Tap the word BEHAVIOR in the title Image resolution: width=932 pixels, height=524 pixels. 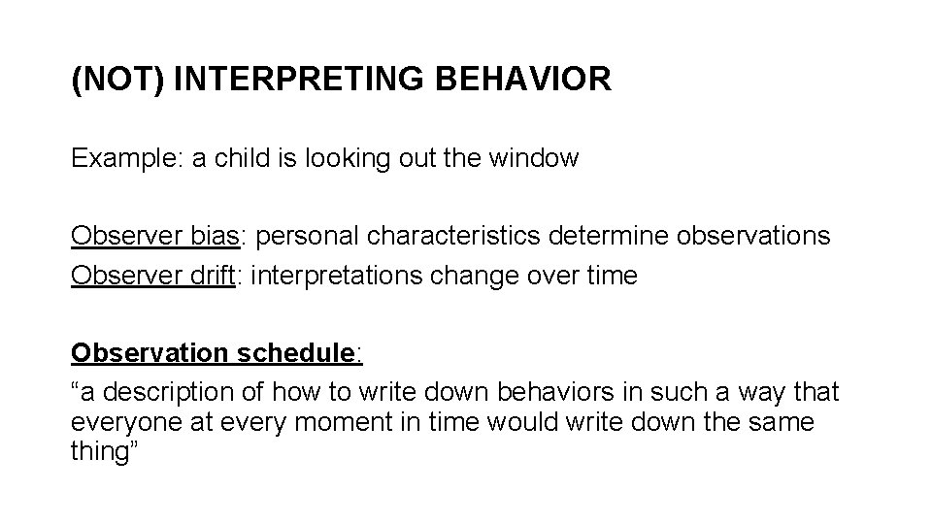[526, 80]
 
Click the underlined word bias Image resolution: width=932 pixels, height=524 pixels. [220, 237]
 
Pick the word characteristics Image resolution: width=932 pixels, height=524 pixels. [443, 237]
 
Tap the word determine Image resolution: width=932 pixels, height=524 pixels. [616, 237]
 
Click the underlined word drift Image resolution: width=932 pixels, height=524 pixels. [215, 277]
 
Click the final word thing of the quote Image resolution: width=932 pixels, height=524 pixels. [101, 452]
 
